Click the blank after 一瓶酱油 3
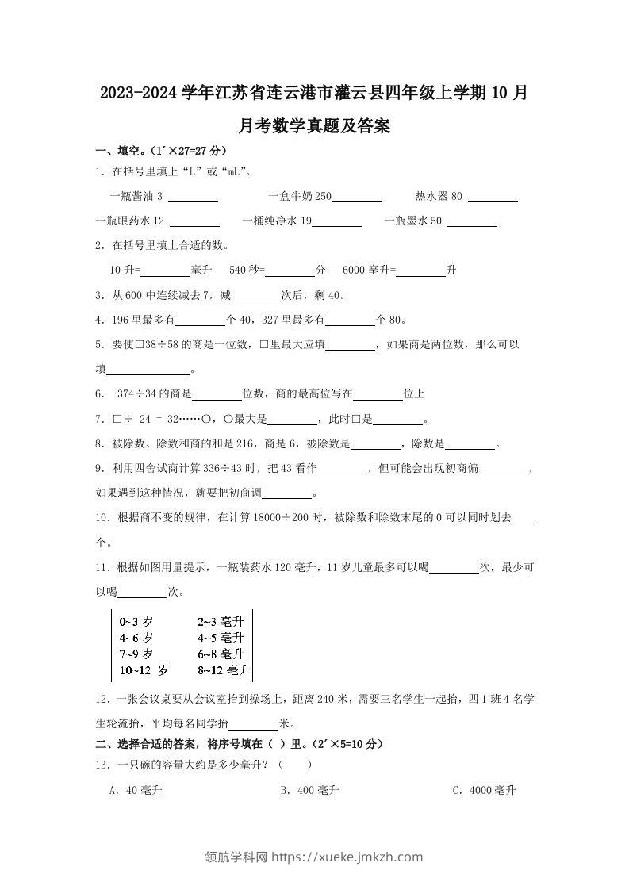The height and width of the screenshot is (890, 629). (x=194, y=197)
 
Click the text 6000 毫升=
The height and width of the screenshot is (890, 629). (x=369, y=270)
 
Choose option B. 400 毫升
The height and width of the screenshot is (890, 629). (x=309, y=790)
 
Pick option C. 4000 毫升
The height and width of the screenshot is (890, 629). (x=484, y=790)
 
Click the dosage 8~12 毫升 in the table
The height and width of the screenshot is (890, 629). (x=223, y=670)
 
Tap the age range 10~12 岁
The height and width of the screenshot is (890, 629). (x=143, y=670)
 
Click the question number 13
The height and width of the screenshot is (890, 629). (x=101, y=765)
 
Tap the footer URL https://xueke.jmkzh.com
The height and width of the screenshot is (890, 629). (x=347, y=857)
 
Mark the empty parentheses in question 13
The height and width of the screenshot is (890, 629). (x=295, y=765)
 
